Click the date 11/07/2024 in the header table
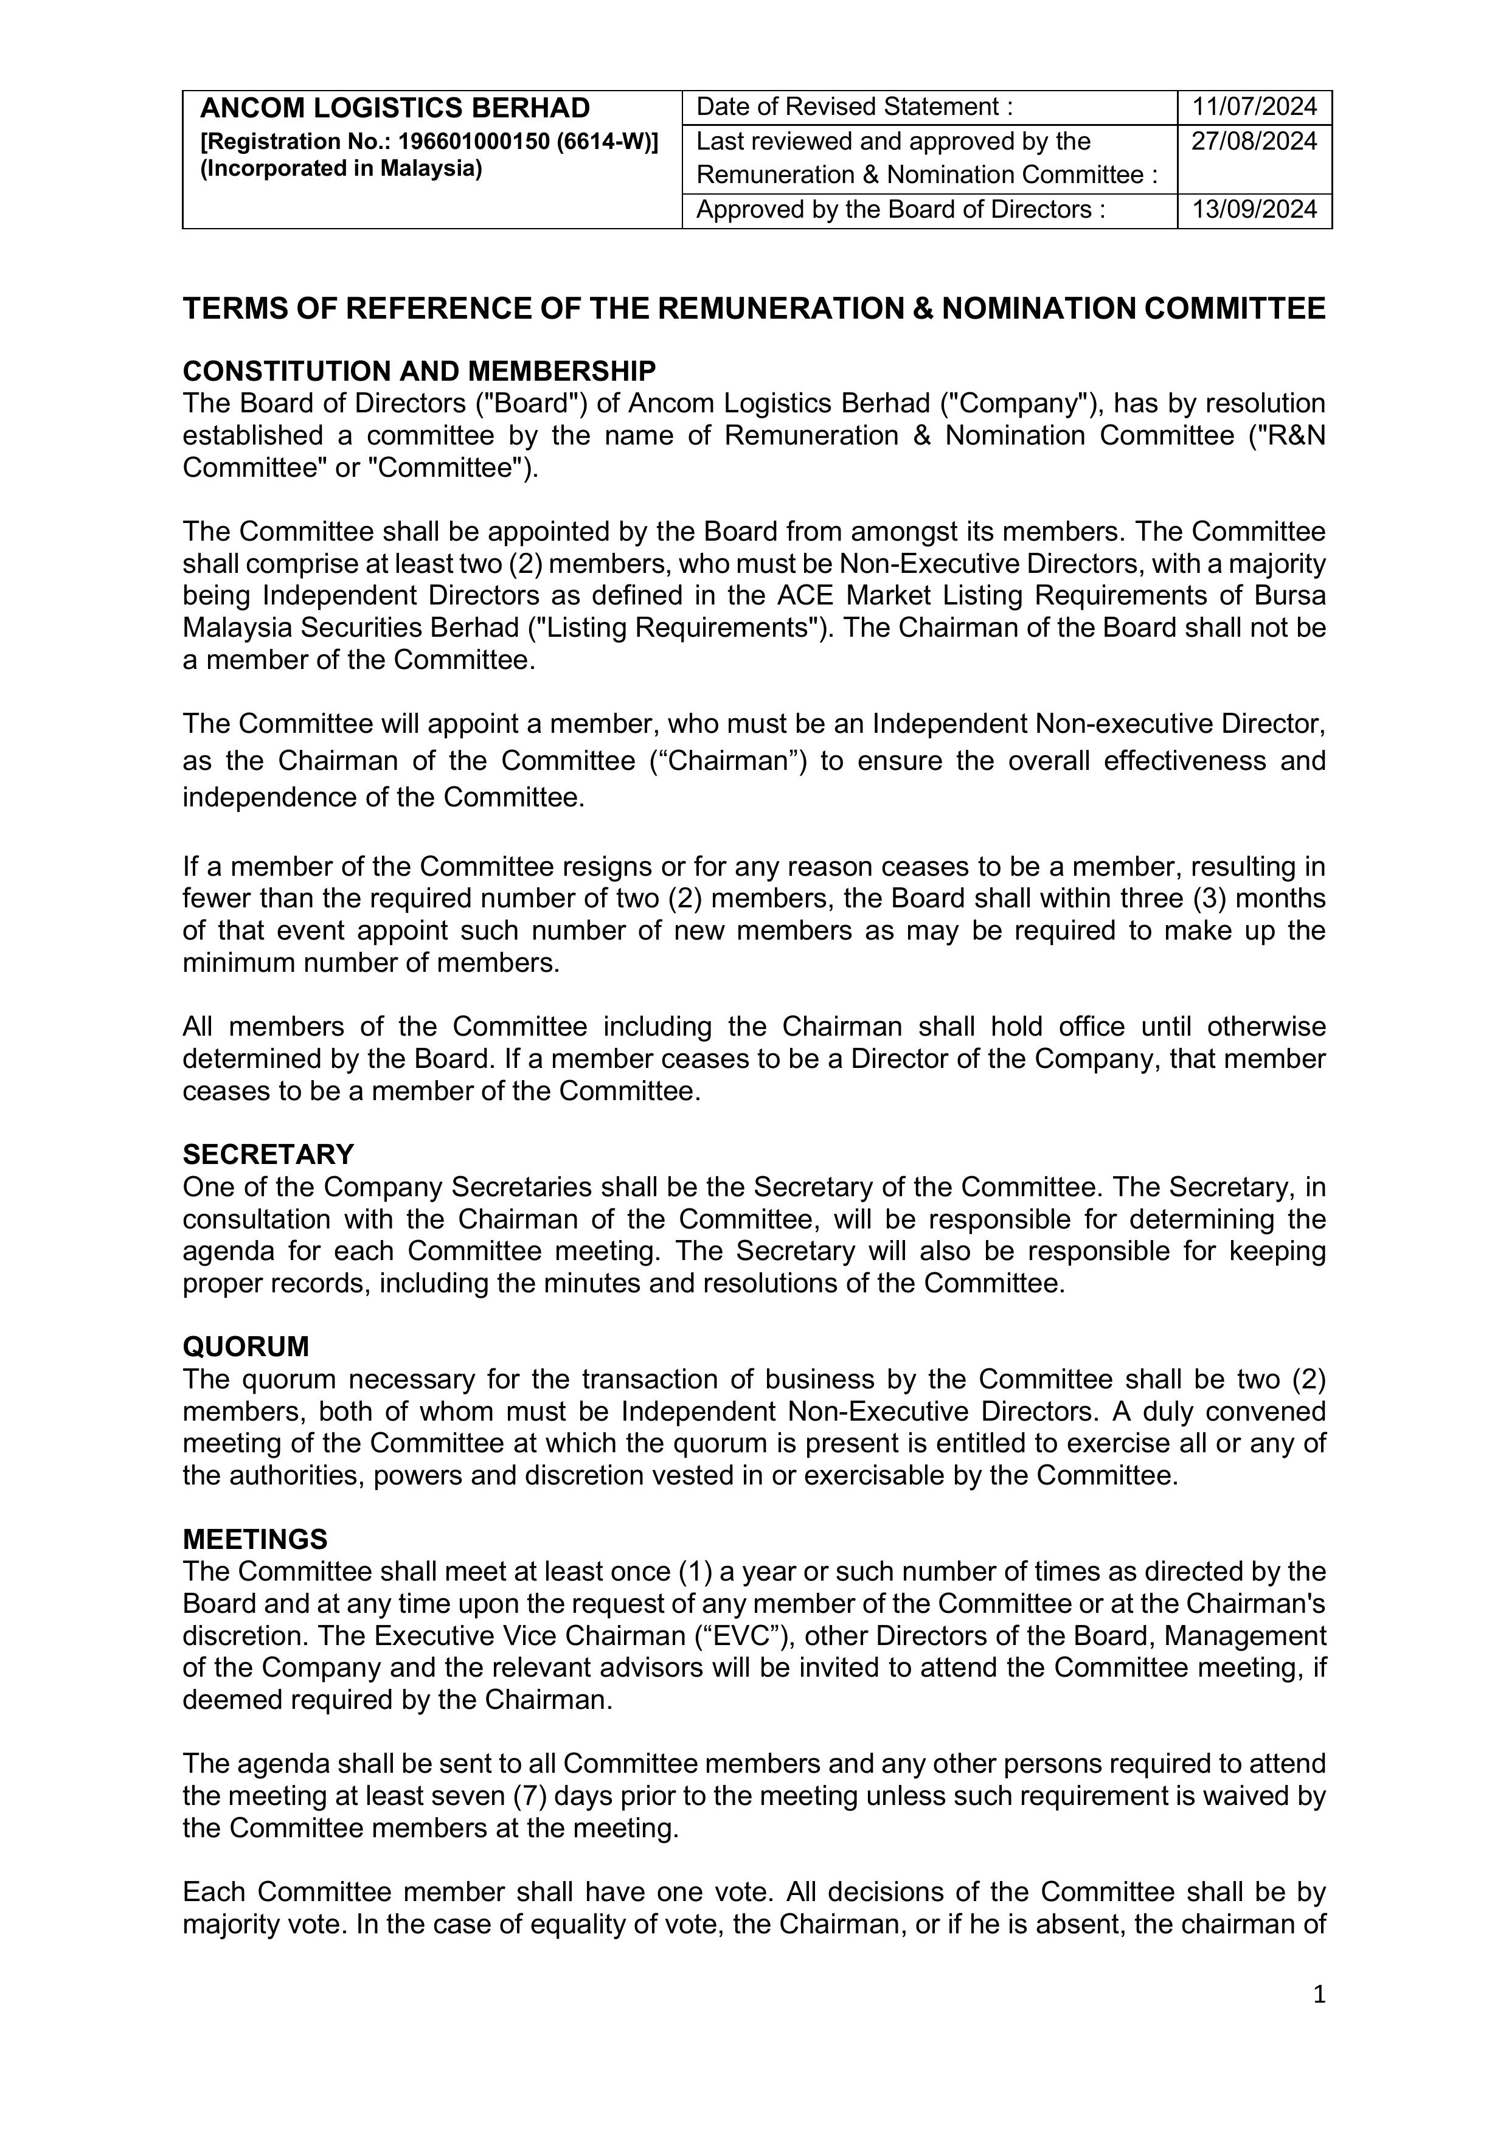pyautogui.click(x=1254, y=107)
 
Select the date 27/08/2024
pyautogui.click(x=1254, y=141)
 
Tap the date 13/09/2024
pyautogui.click(x=1254, y=209)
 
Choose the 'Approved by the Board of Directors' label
pyautogui.click(x=900, y=209)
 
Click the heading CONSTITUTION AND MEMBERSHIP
pyautogui.click(x=419, y=371)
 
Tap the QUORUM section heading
pyautogui.click(x=246, y=1347)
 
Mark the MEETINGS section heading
pyautogui.click(x=255, y=1539)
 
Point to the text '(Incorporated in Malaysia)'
pyautogui.click(x=341, y=169)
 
